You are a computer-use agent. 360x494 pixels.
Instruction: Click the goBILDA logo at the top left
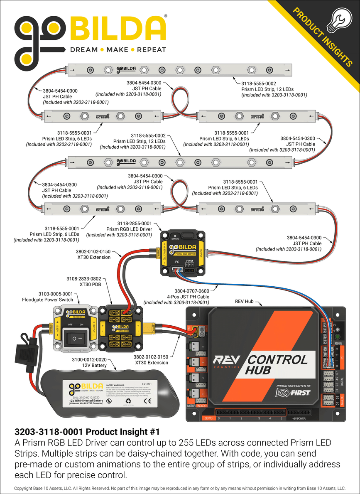click(89, 34)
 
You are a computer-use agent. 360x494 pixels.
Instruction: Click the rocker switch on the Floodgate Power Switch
click(75, 338)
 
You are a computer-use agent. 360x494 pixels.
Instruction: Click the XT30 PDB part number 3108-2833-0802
click(83, 279)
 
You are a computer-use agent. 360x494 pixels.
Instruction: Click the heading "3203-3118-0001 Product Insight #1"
click(87, 432)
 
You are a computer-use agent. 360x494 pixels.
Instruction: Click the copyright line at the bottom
click(180, 488)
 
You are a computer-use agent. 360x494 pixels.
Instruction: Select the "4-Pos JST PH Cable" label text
click(188, 297)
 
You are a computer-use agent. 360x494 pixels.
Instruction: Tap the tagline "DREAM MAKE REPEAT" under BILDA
click(118, 50)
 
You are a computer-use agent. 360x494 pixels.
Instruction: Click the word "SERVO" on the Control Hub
click(209, 418)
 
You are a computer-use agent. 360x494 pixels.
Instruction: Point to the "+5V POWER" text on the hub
click(299, 419)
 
